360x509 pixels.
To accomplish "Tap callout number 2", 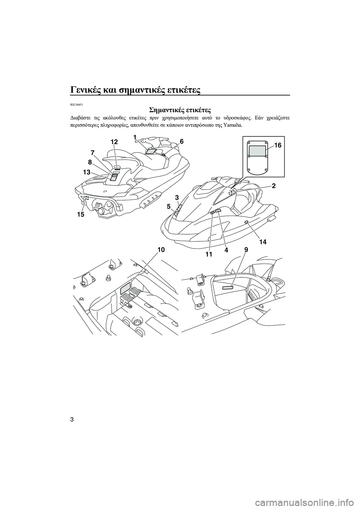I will [x=273, y=186].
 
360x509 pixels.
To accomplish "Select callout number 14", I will [x=262, y=242].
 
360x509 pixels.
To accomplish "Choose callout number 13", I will [x=87, y=172].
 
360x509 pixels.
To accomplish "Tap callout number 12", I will [x=114, y=141].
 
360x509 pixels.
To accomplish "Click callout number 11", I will [x=209, y=254].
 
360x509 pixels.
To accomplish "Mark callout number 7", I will [x=92, y=153].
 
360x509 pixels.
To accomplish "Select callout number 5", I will [x=169, y=206].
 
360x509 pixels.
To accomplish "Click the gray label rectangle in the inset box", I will [x=257, y=151].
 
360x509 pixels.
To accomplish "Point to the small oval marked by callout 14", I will [x=246, y=223].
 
